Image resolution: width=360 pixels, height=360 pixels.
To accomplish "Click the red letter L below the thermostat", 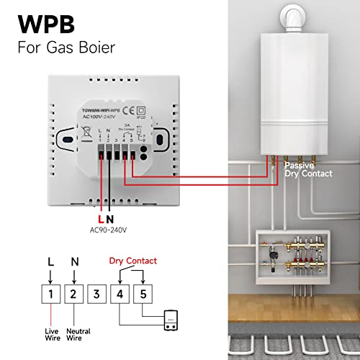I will [x=101, y=217].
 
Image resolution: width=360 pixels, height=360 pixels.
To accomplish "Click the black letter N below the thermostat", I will [x=110, y=217].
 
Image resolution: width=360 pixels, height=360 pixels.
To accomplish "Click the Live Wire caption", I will [x=50, y=331].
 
